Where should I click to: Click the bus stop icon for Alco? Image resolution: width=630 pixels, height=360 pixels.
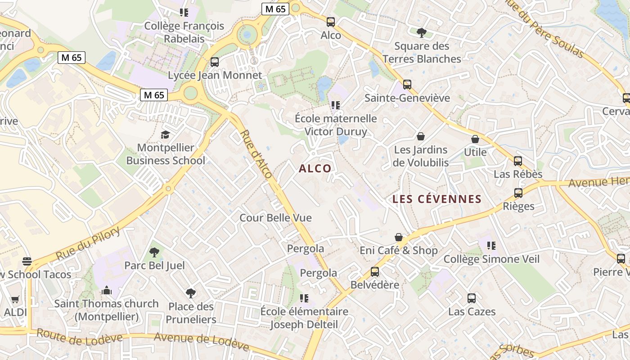tap(331, 22)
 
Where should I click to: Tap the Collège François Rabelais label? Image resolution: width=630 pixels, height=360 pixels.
tap(184, 32)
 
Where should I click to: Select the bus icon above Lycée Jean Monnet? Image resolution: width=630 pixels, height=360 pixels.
tap(215, 62)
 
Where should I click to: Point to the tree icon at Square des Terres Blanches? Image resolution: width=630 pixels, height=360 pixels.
tap(422, 32)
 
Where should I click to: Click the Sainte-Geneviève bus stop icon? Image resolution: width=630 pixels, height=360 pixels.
tap(407, 84)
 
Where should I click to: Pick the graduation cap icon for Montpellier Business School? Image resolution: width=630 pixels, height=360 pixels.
tap(166, 135)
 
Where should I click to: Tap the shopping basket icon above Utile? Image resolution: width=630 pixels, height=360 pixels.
tap(475, 139)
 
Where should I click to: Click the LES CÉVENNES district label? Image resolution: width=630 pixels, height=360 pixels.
tap(437, 199)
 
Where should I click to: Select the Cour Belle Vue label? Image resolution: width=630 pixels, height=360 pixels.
tap(275, 218)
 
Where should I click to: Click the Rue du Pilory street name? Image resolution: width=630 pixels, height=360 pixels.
tap(88, 243)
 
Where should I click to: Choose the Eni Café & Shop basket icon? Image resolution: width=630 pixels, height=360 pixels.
tap(399, 237)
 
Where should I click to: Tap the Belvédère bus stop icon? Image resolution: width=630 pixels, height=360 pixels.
tap(375, 271)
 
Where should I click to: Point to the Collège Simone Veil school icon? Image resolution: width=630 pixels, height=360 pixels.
tap(491, 246)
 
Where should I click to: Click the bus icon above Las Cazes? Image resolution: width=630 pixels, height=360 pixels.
tap(472, 298)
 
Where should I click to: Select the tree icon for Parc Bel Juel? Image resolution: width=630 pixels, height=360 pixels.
tap(154, 252)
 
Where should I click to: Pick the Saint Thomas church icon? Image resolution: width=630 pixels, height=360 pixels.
tap(107, 290)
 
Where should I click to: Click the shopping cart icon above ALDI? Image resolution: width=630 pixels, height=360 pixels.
tap(15, 299)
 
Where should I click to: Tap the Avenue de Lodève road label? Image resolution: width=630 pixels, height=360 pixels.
tap(201, 341)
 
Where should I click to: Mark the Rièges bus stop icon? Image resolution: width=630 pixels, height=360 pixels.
tap(518, 193)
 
